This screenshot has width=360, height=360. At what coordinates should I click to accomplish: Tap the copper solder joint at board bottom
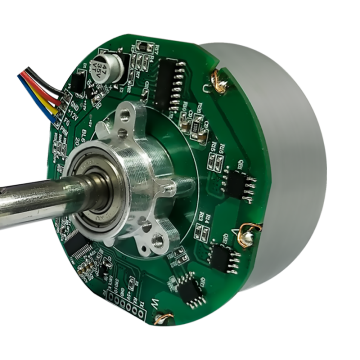click(160, 318)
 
